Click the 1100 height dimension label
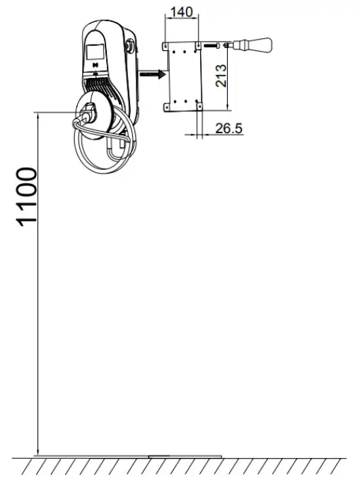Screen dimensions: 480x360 tap(26, 197)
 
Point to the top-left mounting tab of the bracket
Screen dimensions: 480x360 tap(166, 46)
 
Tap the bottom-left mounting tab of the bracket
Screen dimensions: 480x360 tap(166, 105)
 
